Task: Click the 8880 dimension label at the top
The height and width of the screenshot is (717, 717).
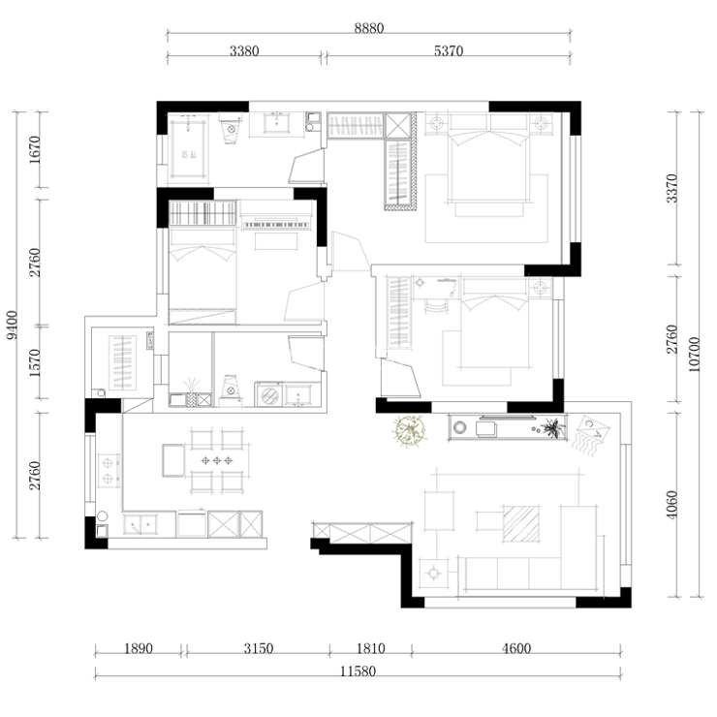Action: [x=369, y=28]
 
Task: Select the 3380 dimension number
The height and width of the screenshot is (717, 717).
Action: [x=244, y=50]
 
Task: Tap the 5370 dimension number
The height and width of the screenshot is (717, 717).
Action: [x=449, y=50]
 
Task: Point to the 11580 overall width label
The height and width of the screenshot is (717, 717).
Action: [x=358, y=671]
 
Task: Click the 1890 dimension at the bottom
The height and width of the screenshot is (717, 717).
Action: [x=139, y=648]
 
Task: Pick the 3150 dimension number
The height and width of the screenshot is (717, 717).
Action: [x=259, y=648]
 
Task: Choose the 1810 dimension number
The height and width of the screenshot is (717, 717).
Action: [x=370, y=648]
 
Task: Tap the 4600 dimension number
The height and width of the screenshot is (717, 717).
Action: [x=516, y=648]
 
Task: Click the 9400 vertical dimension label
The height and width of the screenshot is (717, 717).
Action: [x=12, y=326]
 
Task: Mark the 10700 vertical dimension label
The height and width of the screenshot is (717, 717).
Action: [x=694, y=355]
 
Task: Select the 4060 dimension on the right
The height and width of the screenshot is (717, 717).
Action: [x=671, y=505]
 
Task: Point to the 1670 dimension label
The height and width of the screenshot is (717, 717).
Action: [x=35, y=150]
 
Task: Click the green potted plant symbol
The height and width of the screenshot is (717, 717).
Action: [x=410, y=431]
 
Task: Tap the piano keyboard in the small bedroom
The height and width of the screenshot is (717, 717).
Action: [x=276, y=225]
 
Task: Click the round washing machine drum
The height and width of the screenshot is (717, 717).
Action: [x=269, y=395]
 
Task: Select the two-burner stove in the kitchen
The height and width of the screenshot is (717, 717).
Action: [x=109, y=471]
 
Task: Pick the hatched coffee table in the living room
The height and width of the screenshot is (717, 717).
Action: [x=521, y=523]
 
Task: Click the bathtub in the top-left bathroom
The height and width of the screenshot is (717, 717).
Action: [x=188, y=146]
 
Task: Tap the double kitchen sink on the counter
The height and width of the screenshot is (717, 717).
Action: [x=140, y=524]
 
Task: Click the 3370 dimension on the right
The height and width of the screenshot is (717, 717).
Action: [x=671, y=188]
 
